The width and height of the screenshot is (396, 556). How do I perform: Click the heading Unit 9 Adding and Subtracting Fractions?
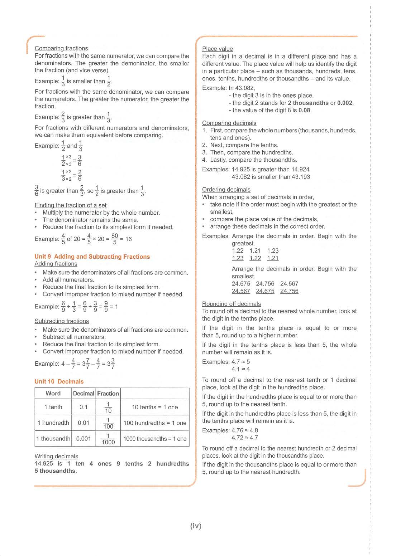point(92,257)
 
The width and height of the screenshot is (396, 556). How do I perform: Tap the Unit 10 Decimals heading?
point(59,381)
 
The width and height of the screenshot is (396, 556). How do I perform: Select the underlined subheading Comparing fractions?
point(61,48)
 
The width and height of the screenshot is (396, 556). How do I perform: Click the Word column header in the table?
point(53,393)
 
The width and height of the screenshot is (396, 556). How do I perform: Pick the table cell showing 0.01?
point(84,423)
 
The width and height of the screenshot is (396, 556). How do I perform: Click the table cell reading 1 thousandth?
point(53,439)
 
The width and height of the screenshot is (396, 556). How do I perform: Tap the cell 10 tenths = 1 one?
point(155,407)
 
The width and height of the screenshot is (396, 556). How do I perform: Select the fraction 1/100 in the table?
point(108,423)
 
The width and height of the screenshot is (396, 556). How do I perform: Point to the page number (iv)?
point(196,526)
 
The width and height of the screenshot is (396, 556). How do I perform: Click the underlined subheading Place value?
point(218,49)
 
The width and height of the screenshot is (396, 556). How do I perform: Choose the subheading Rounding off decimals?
point(232,304)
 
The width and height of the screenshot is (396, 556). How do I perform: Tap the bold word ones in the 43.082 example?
point(289,96)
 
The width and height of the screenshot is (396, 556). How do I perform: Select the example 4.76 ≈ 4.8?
point(245,430)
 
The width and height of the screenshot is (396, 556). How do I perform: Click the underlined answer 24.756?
point(289,291)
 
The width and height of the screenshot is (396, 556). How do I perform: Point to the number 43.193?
point(301,177)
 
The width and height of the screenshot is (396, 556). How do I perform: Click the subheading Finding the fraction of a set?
point(71,205)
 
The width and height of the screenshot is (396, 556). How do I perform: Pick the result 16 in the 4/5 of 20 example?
point(129,239)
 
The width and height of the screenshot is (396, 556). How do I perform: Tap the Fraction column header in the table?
point(108,393)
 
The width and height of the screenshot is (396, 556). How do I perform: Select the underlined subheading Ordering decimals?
point(226,190)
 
